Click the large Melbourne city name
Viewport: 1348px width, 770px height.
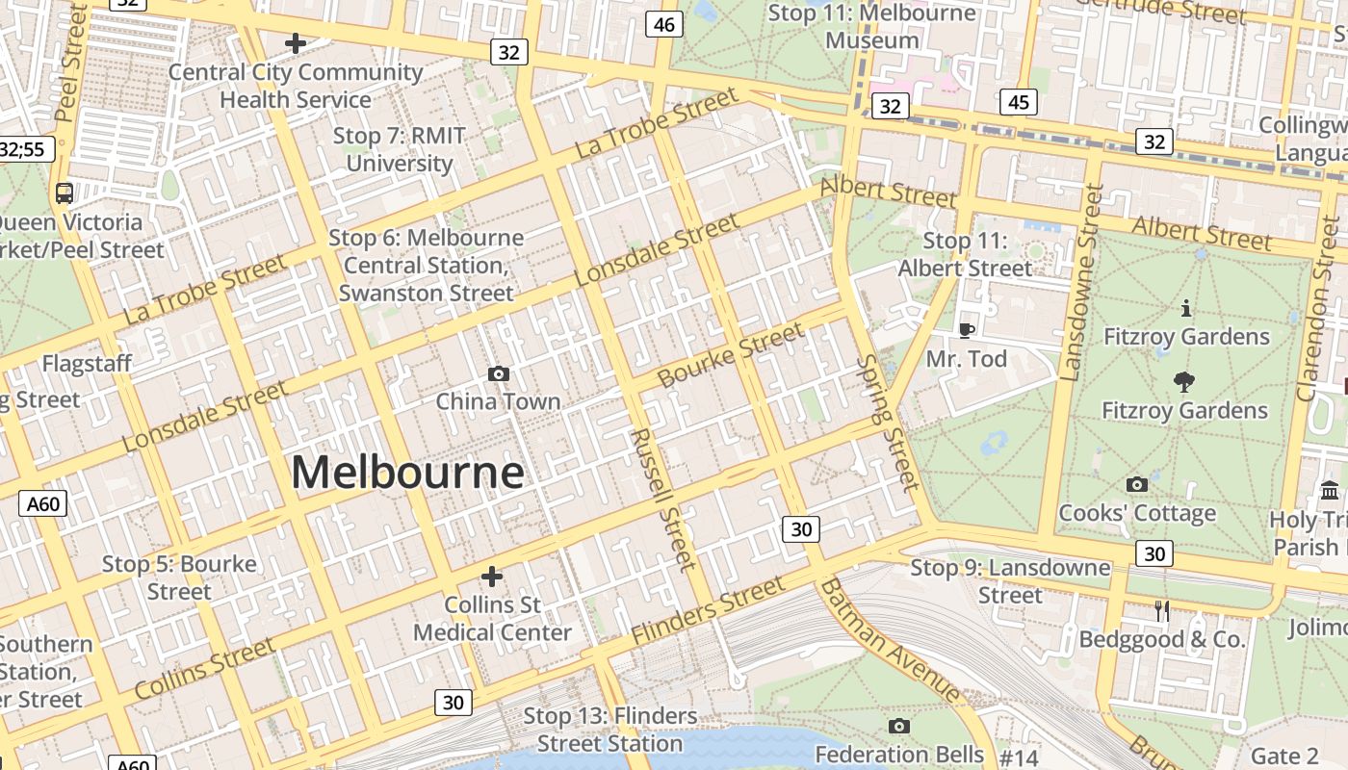click(407, 473)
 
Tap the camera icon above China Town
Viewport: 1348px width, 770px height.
click(498, 373)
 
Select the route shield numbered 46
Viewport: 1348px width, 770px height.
click(663, 24)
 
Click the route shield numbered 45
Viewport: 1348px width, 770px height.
click(1018, 102)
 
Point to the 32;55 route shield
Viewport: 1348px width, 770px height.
click(24, 149)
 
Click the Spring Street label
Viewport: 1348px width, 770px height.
click(887, 422)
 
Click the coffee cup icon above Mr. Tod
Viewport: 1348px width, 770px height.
click(966, 330)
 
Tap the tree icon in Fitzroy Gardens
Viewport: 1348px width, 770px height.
click(1184, 382)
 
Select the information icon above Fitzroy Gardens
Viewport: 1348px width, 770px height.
click(1185, 308)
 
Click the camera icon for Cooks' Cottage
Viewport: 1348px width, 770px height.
click(1137, 484)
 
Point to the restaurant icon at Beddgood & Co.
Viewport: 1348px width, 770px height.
click(1162, 610)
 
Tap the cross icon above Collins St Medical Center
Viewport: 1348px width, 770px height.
click(492, 577)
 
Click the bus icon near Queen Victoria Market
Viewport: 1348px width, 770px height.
click(65, 193)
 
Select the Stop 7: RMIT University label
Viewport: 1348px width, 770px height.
click(399, 149)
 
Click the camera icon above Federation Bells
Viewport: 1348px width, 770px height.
click(898, 726)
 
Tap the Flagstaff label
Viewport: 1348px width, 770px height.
click(87, 364)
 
